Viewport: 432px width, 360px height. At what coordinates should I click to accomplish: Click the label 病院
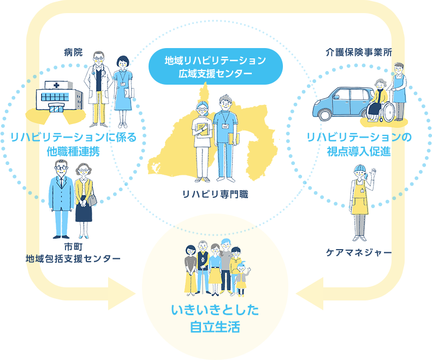[x=73, y=52]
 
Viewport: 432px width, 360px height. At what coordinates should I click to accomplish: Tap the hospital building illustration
[x=59, y=97]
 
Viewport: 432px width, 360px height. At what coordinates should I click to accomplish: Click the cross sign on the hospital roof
[x=56, y=85]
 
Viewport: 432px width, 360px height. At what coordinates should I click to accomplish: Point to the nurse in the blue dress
[x=123, y=92]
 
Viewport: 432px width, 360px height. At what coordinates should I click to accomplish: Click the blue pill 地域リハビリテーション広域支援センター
[x=215, y=67]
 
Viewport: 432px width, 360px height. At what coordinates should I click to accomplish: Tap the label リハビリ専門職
[x=215, y=194]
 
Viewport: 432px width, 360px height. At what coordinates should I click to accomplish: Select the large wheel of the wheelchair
[x=388, y=112]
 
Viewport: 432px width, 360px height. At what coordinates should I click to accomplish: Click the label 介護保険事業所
[x=359, y=52]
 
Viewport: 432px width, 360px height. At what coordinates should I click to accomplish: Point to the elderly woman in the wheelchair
[x=377, y=100]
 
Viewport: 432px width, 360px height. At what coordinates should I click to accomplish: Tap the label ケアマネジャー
[x=359, y=252]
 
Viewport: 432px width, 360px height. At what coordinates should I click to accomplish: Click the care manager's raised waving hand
[x=373, y=173]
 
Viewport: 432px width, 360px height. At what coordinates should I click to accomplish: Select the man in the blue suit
[x=61, y=199]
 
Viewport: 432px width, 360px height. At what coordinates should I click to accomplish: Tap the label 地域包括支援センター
[x=73, y=258]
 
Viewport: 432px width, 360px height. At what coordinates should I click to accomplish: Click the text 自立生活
[x=215, y=327]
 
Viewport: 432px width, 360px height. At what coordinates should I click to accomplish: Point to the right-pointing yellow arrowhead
[x=122, y=294]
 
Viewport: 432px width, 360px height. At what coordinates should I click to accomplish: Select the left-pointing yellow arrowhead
[x=310, y=294]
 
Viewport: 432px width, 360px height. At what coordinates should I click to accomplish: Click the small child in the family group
[x=241, y=279]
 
